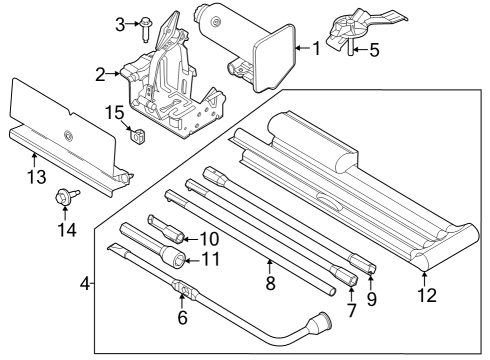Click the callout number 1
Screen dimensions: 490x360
pyautogui.click(x=316, y=48)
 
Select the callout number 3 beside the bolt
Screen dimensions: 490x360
pyautogui.click(x=120, y=24)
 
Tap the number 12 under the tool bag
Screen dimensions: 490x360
pyautogui.click(x=427, y=295)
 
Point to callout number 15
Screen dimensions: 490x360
pyautogui.click(x=115, y=113)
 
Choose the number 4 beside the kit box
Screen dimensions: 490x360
pyautogui.click(x=85, y=284)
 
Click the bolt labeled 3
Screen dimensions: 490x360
pyautogui.click(x=146, y=29)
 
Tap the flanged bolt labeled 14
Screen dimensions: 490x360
pyautogui.click(x=67, y=196)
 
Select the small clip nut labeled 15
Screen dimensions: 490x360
pyautogui.click(x=138, y=136)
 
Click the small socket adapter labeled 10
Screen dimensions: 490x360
pyautogui.click(x=165, y=228)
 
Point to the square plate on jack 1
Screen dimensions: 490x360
pyautogui.click(x=275, y=57)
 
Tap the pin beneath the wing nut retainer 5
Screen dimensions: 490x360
pyautogui.click(x=351, y=50)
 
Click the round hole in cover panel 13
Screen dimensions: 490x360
pyautogui.click(x=68, y=135)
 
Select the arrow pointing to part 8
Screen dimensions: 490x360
pyautogui.click(x=270, y=268)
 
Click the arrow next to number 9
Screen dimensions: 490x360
pyautogui.click(x=371, y=279)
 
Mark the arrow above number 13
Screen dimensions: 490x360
pyautogui.click(x=35, y=160)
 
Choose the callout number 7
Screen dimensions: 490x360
pyautogui.click(x=351, y=310)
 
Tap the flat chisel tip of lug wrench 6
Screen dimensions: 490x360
pyautogui.click(x=115, y=248)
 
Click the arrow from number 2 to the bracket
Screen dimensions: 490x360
pyautogui.click(x=113, y=74)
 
